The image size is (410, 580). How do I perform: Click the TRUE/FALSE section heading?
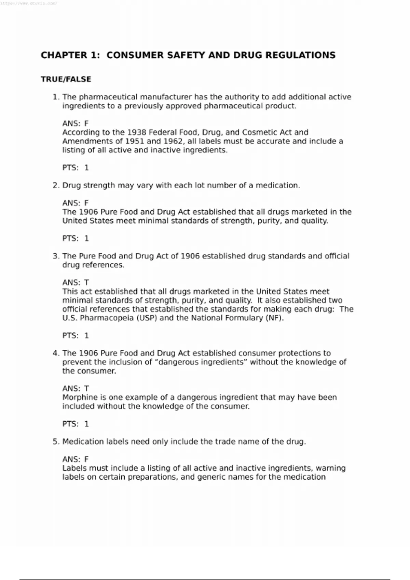pos(66,79)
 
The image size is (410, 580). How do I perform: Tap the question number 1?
pos(56,97)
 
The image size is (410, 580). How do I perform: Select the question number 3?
pos(56,256)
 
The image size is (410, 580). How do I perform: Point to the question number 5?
pos(56,441)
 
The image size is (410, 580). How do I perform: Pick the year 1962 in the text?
pos(174,141)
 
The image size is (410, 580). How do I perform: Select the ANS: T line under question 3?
pos(76,282)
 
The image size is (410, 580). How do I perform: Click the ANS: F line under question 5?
pos(76,459)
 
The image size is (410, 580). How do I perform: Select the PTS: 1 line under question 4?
pos(76,424)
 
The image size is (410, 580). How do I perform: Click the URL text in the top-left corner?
pos(29,4)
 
